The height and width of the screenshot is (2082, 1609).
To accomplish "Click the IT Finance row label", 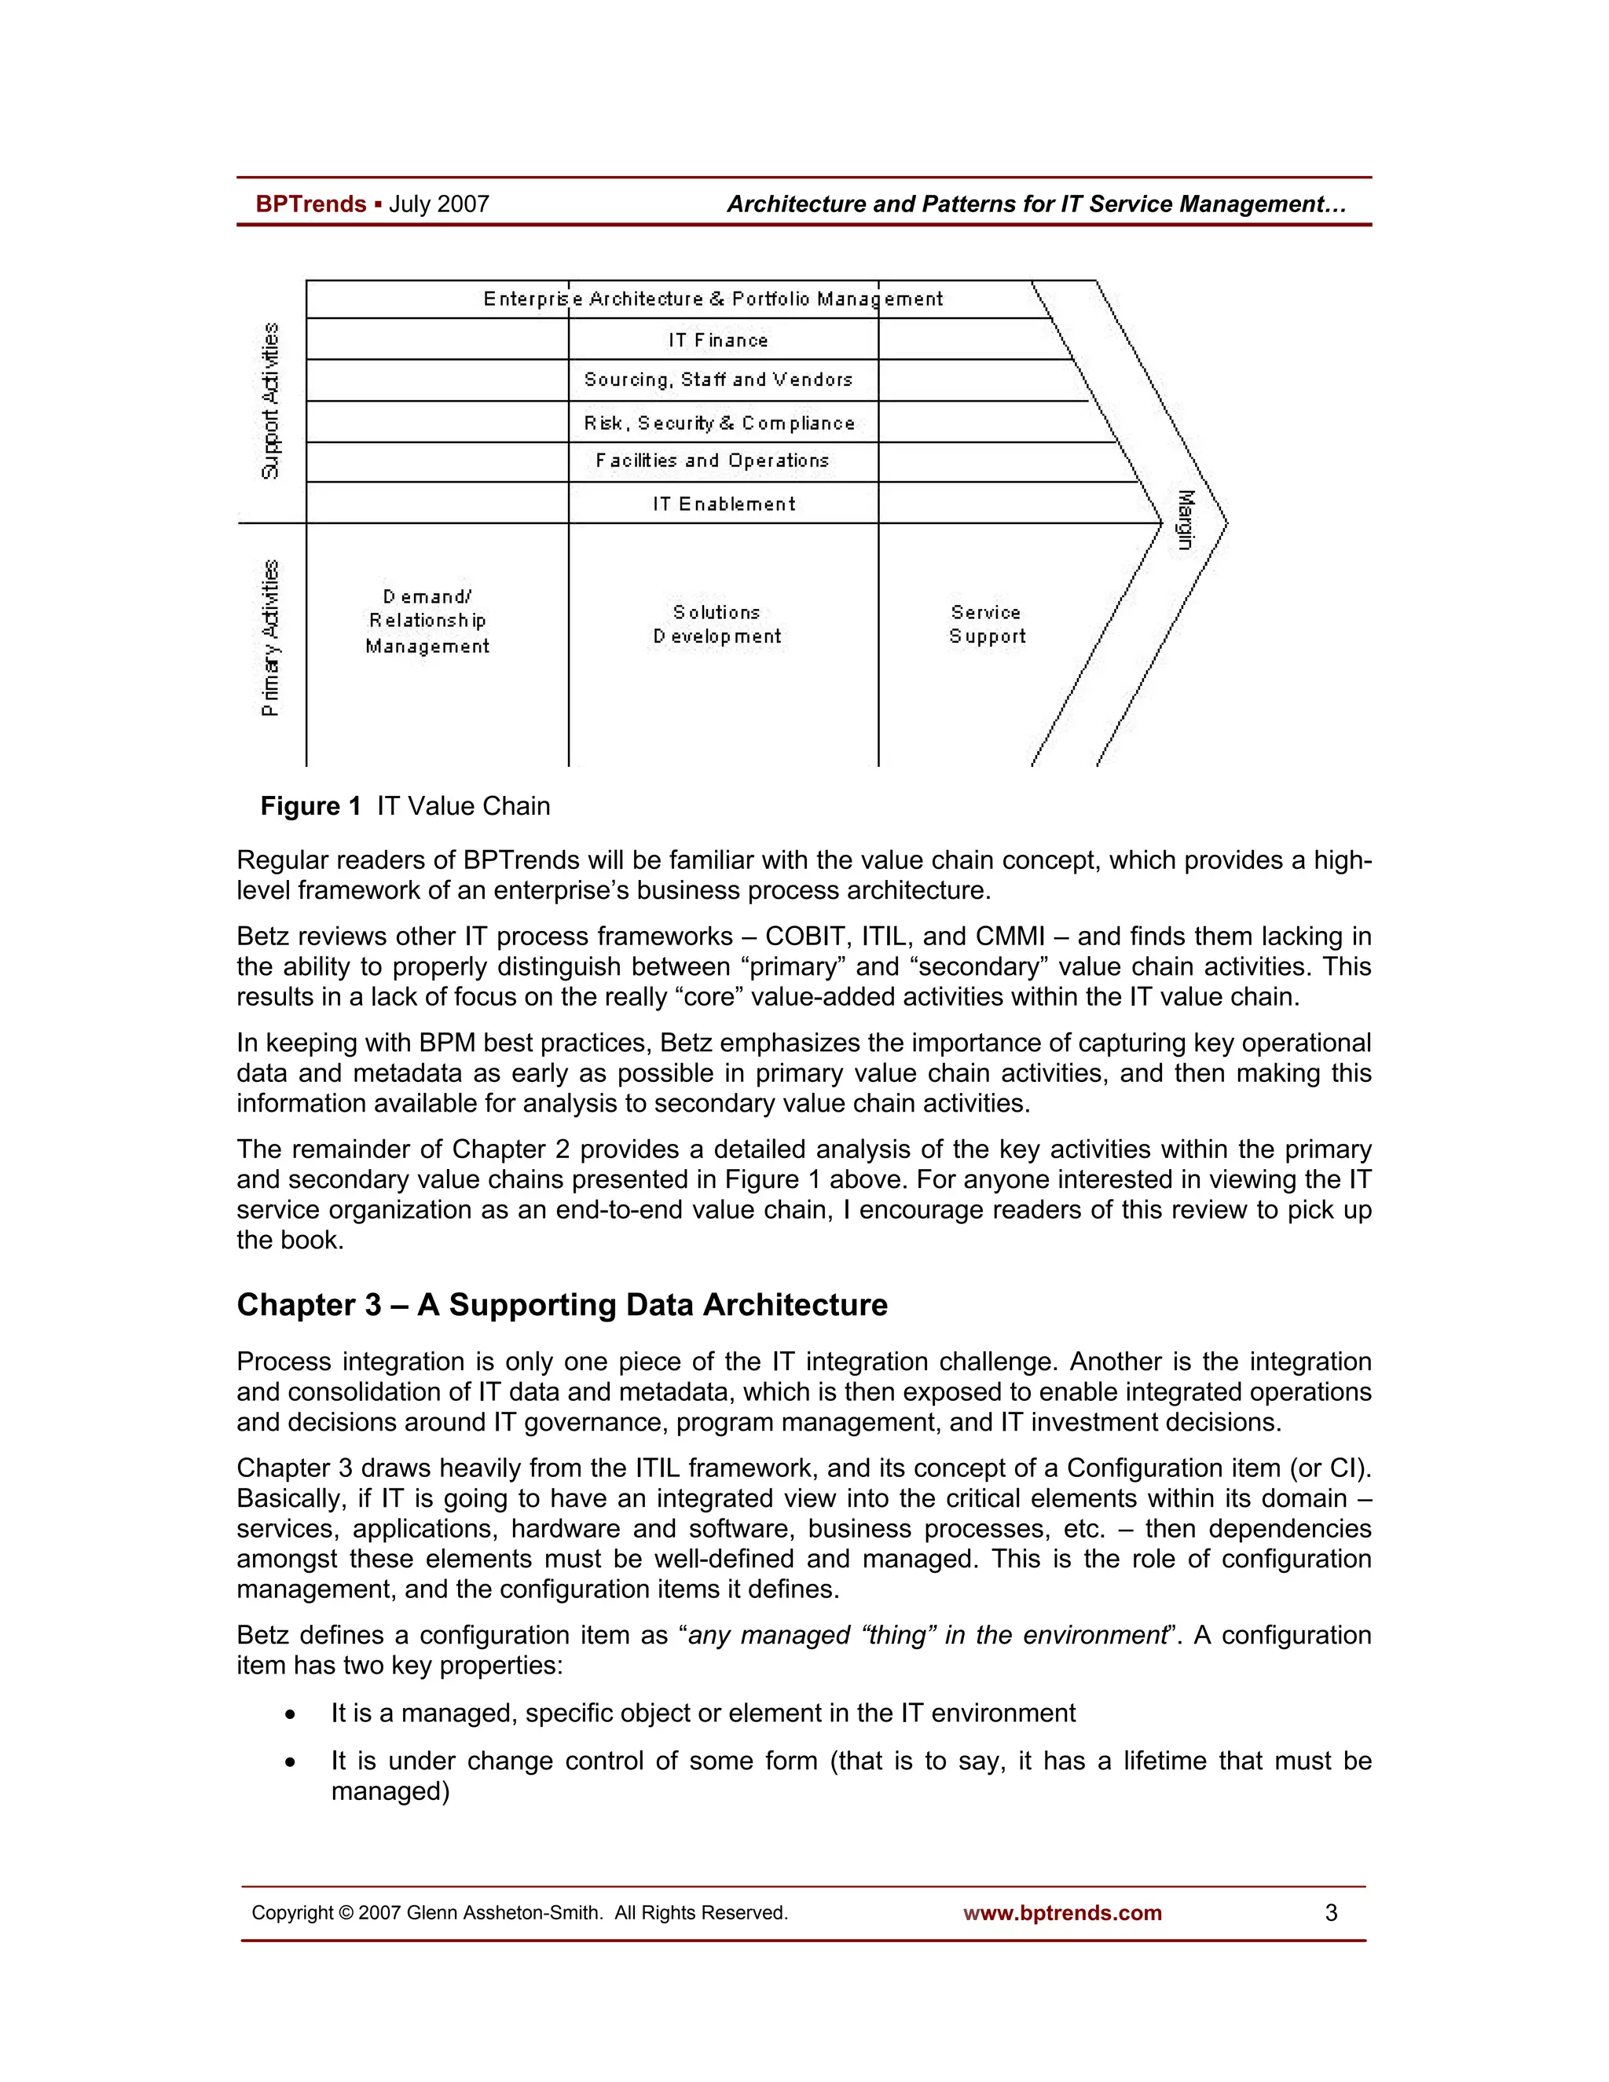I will click(x=718, y=340).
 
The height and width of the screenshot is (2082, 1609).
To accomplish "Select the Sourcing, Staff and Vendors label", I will click(x=718, y=379).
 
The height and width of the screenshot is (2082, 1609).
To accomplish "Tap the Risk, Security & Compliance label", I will click(x=720, y=423).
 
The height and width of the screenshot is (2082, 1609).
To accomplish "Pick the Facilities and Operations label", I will click(x=712, y=460).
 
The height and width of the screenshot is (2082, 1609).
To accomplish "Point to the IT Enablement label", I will click(x=724, y=504).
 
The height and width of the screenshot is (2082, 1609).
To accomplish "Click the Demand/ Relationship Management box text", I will click(x=427, y=621).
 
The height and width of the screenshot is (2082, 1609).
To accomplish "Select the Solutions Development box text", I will click(x=717, y=625).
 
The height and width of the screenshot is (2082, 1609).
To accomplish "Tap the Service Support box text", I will click(x=987, y=625).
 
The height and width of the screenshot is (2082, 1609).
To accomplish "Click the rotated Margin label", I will click(x=1185, y=519).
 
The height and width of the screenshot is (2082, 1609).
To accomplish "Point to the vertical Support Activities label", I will click(x=271, y=401).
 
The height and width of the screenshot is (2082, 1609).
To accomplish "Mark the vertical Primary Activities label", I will click(x=271, y=637).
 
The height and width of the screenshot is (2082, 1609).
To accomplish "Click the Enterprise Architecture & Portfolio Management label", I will click(x=712, y=299).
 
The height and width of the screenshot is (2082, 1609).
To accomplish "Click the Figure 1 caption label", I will click(x=311, y=807).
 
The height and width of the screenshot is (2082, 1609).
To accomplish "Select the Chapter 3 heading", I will click(x=562, y=1304).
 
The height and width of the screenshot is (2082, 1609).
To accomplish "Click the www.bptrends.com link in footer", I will click(x=1062, y=1913).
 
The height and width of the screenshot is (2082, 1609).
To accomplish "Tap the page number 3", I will click(x=1331, y=1913).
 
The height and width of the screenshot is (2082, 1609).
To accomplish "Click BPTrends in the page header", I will click(x=311, y=204).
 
